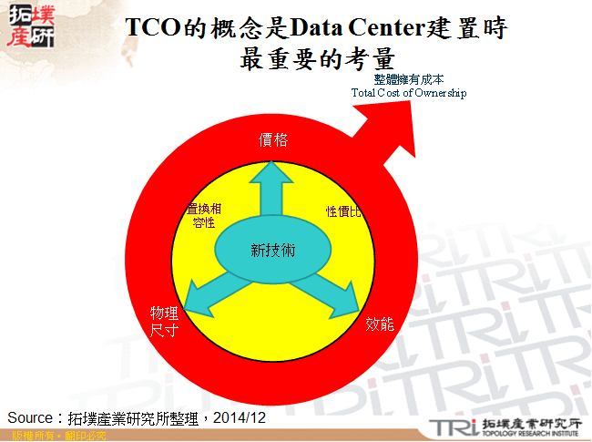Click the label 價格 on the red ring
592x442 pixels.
[273, 139]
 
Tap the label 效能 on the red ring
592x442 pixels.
[380, 324]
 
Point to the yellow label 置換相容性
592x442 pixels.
[203, 215]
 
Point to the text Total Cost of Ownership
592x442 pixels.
[408, 93]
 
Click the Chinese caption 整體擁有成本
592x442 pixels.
[408, 80]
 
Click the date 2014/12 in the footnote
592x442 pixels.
[244, 417]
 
